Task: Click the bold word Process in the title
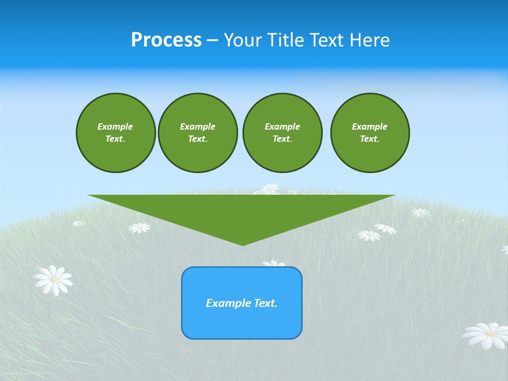point(166,40)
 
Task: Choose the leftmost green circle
point(115,133)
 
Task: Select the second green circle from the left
point(197,133)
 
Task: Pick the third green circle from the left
point(282,133)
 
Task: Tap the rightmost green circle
point(369,133)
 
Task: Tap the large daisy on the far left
point(53,280)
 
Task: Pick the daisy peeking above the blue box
point(273,263)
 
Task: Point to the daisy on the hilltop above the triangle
point(269,188)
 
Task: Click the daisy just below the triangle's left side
point(139,228)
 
